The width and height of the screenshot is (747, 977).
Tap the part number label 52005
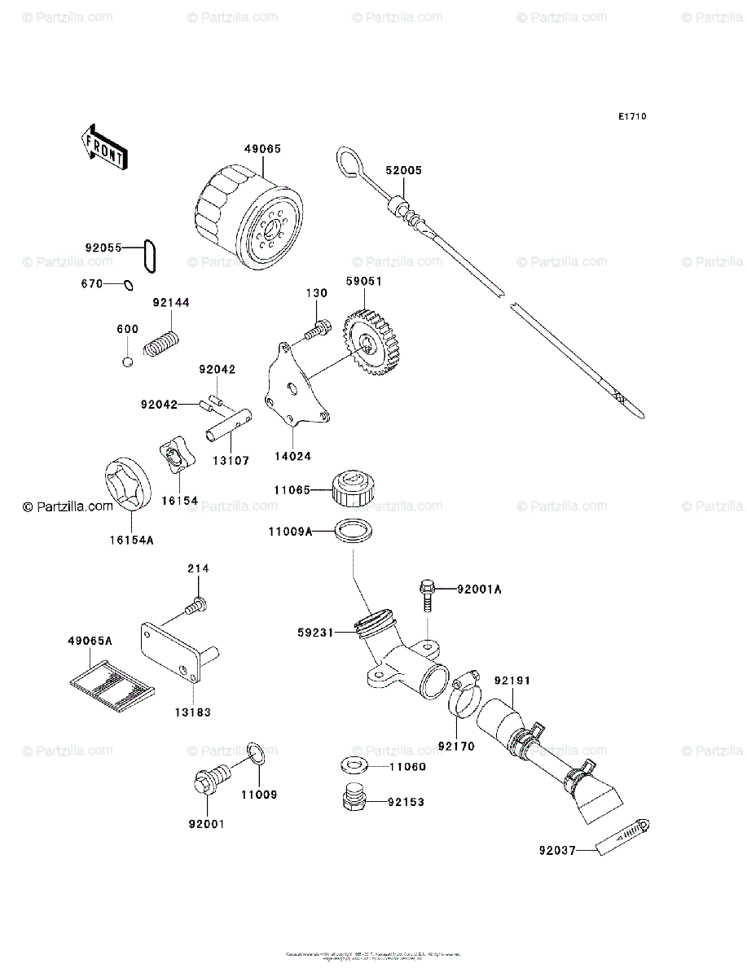coord(404,171)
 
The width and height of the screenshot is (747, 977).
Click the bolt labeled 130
coord(316,330)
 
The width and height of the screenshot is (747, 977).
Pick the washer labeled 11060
coord(353,765)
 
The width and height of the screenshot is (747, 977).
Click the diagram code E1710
coord(631,117)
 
